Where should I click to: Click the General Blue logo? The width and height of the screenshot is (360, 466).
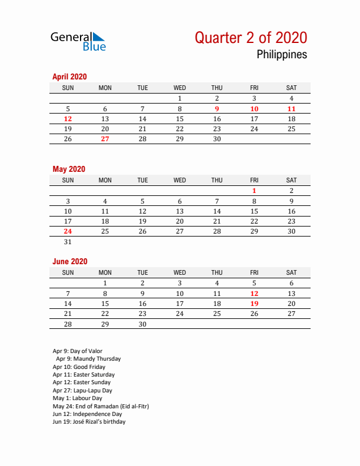(78, 41)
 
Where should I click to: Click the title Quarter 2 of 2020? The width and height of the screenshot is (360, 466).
(251, 38)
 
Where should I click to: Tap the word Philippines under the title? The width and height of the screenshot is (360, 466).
(282, 55)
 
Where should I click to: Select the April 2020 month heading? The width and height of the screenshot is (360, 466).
(69, 76)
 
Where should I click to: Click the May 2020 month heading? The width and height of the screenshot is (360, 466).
(69, 169)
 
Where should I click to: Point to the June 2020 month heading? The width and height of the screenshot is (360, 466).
(69, 261)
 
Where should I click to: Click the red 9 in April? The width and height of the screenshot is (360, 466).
(217, 108)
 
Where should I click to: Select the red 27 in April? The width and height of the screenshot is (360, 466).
(105, 139)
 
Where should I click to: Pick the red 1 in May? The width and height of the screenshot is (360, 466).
(254, 191)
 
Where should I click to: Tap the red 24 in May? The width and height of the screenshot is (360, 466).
(68, 231)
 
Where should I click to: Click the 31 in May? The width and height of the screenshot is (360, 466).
(68, 241)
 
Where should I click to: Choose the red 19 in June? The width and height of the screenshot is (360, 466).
(254, 304)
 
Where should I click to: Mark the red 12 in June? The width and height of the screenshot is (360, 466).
(254, 293)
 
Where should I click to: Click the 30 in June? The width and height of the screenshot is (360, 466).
(142, 324)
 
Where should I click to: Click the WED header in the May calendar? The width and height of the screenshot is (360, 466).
(179, 180)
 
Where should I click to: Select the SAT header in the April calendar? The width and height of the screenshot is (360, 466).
(291, 88)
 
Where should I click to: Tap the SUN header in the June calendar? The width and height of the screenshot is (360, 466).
(68, 272)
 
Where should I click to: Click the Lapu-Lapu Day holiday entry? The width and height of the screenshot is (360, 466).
(82, 390)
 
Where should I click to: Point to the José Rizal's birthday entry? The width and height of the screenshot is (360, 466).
(89, 422)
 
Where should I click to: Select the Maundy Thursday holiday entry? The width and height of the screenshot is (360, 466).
(88, 359)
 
